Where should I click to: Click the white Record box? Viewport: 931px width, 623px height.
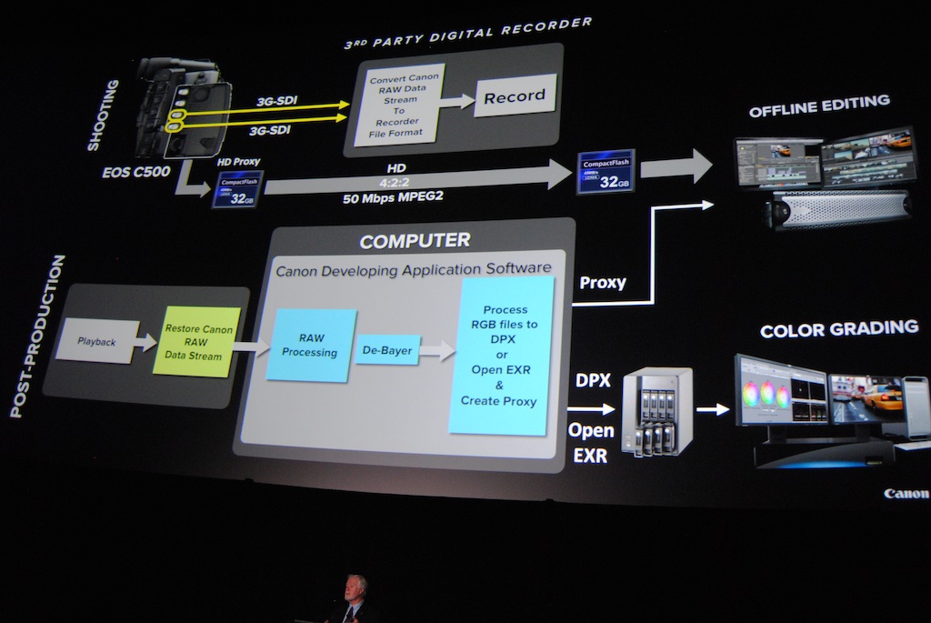[515, 95]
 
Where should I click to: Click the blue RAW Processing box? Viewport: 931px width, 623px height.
[310, 345]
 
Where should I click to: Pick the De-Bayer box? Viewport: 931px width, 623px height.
[386, 348]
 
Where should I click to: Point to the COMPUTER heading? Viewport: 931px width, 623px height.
[415, 241]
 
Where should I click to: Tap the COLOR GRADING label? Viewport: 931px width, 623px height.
[838, 328]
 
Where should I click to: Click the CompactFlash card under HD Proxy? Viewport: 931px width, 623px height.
[237, 189]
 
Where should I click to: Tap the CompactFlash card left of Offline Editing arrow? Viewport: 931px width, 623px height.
[606, 172]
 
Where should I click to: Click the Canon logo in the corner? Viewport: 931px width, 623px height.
[906, 494]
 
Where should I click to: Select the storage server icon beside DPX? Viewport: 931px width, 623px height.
[656, 411]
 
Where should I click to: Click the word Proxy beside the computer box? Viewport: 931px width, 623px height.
[602, 283]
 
